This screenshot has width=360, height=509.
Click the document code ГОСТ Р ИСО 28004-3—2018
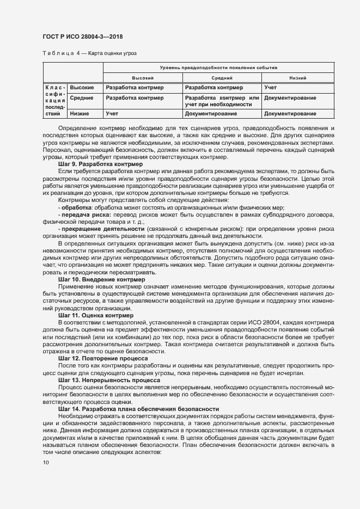83,36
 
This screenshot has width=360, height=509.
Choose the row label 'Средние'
82,98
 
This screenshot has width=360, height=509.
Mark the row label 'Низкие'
80,114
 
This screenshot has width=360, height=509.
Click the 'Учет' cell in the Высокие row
271,87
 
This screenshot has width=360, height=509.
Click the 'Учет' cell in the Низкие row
112,114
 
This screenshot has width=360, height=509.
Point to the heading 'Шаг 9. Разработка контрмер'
100,164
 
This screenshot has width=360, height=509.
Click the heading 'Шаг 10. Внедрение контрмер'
101,279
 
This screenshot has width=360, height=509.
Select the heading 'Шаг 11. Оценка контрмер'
95,315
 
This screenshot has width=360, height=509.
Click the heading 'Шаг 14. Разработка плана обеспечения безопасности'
138,409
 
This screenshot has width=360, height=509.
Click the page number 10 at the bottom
45,463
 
